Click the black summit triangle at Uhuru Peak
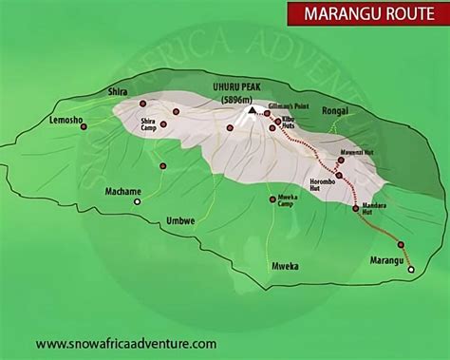pyautogui.click(x=253, y=110)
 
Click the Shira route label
pyautogui.click(x=118, y=92)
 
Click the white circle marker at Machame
pyautogui.click(x=137, y=201)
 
